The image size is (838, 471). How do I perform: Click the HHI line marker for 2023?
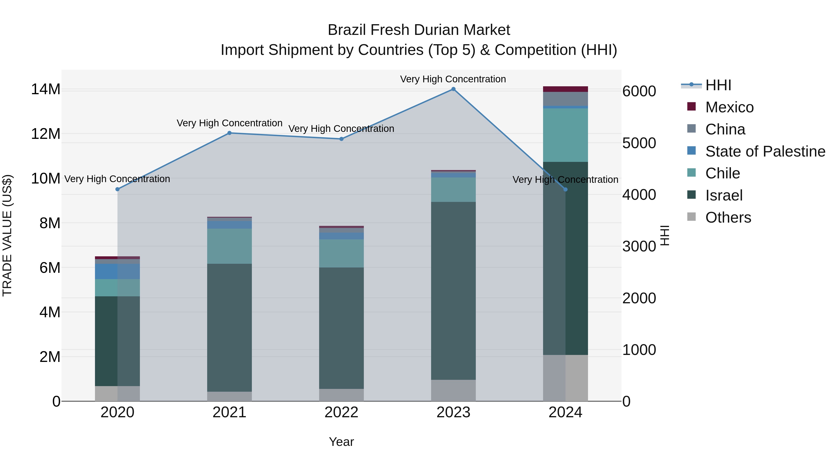(x=453, y=89)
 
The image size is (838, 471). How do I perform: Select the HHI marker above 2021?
(x=229, y=133)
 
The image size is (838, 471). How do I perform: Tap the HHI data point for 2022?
(x=341, y=139)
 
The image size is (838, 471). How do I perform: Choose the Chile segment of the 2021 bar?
(x=229, y=246)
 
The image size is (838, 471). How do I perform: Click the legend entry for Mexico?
(x=729, y=107)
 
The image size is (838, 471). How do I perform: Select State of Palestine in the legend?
(x=765, y=151)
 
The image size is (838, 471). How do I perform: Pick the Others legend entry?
(x=728, y=217)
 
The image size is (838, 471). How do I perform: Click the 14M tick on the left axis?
(x=46, y=89)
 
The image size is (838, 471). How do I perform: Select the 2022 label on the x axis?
(x=341, y=412)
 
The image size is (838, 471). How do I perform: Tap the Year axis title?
(x=341, y=442)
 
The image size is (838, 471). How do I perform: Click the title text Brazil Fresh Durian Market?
(x=419, y=30)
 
